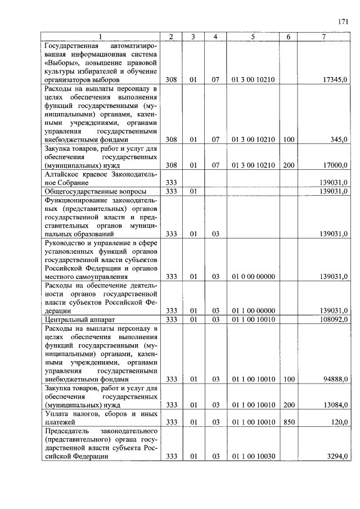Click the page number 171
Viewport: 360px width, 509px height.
pos(343,22)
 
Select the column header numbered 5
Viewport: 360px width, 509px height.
pos(253,37)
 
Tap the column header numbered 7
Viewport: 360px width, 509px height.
pos(323,37)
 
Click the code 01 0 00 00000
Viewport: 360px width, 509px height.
pos(253,277)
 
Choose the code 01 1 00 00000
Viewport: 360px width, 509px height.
pos(253,311)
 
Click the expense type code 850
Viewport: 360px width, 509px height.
pos(289,422)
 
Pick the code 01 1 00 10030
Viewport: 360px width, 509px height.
pos(253,457)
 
